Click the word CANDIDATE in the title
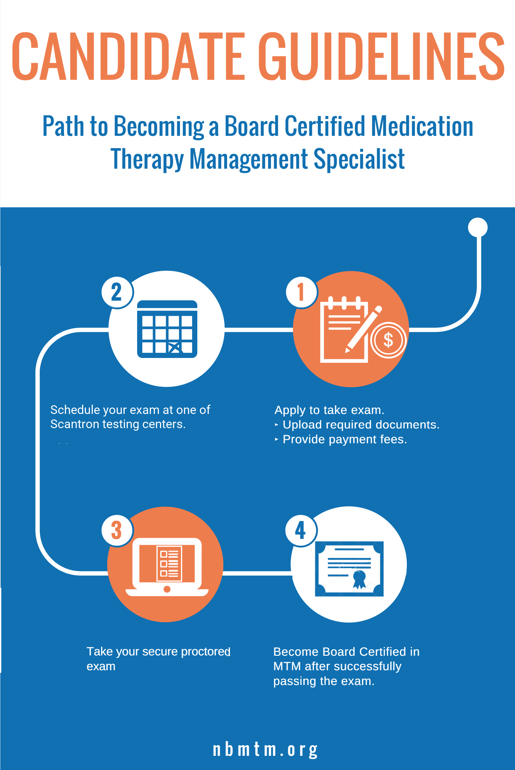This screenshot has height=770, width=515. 128,56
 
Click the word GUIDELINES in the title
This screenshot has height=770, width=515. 382,56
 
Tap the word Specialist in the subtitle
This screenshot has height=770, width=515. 359,159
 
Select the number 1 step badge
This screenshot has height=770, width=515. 301,292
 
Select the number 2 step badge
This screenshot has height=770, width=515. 117,292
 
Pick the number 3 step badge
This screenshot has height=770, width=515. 117,530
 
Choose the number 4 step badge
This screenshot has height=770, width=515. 301,530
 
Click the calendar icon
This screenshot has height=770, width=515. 167,329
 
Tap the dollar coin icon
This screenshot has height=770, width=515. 389,340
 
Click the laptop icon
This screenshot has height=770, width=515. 167,567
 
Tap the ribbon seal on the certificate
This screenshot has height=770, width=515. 359,579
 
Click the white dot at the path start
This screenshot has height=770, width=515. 478,227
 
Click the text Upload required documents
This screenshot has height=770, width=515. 361,425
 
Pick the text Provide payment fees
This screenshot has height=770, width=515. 345,439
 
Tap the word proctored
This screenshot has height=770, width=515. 206,652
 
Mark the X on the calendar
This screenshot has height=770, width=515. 175,348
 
